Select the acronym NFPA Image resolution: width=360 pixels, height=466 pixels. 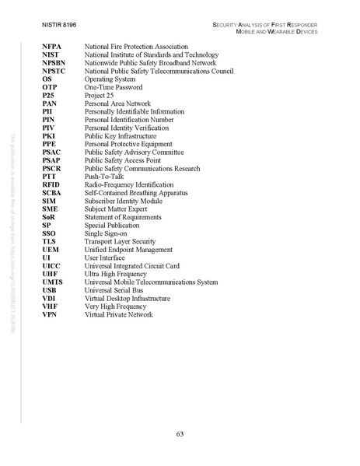(52, 48)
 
